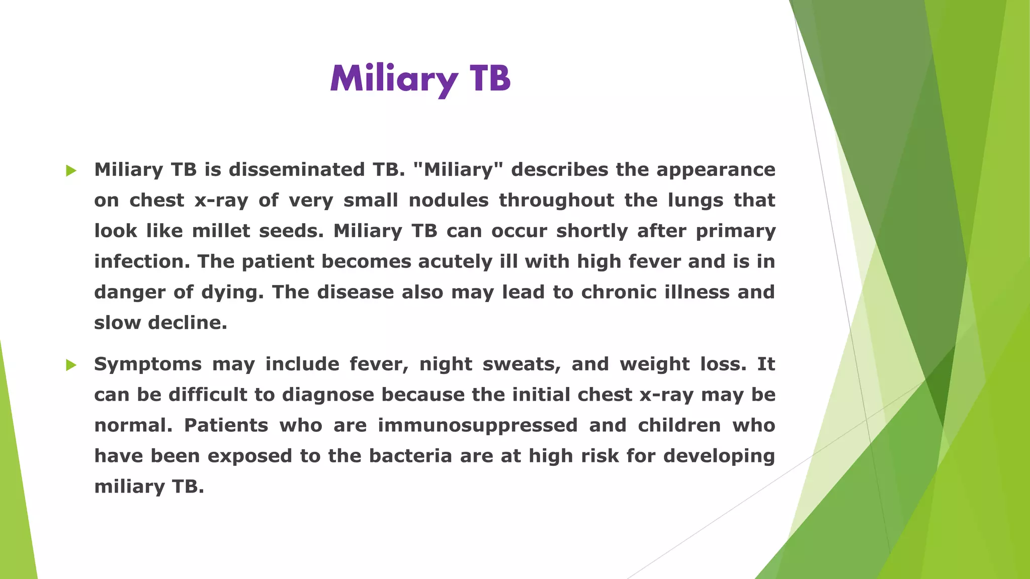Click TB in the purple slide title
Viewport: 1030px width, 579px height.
490,79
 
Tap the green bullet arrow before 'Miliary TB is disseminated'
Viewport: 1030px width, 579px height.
71,171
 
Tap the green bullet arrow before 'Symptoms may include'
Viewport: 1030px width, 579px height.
71,365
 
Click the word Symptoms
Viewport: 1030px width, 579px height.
148,364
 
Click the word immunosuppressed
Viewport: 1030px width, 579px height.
477,426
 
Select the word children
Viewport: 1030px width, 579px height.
679,426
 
